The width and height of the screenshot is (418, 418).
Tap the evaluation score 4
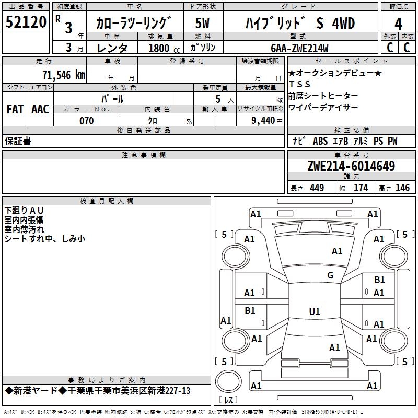click(398, 24)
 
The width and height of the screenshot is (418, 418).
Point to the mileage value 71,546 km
click(63, 74)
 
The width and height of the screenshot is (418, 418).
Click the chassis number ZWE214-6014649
click(351, 167)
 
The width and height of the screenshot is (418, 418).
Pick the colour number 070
click(86, 121)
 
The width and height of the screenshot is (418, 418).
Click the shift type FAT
click(15, 109)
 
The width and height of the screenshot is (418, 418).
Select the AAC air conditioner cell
click(40, 109)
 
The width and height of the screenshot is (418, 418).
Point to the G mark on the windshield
click(330, 275)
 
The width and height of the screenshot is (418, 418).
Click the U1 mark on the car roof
click(314, 311)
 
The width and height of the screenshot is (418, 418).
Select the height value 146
click(402, 188)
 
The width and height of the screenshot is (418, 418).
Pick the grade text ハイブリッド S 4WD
click(300, 24)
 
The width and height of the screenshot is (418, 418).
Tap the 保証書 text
click(18, 141)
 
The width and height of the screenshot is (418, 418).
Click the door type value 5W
click(203, 24)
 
